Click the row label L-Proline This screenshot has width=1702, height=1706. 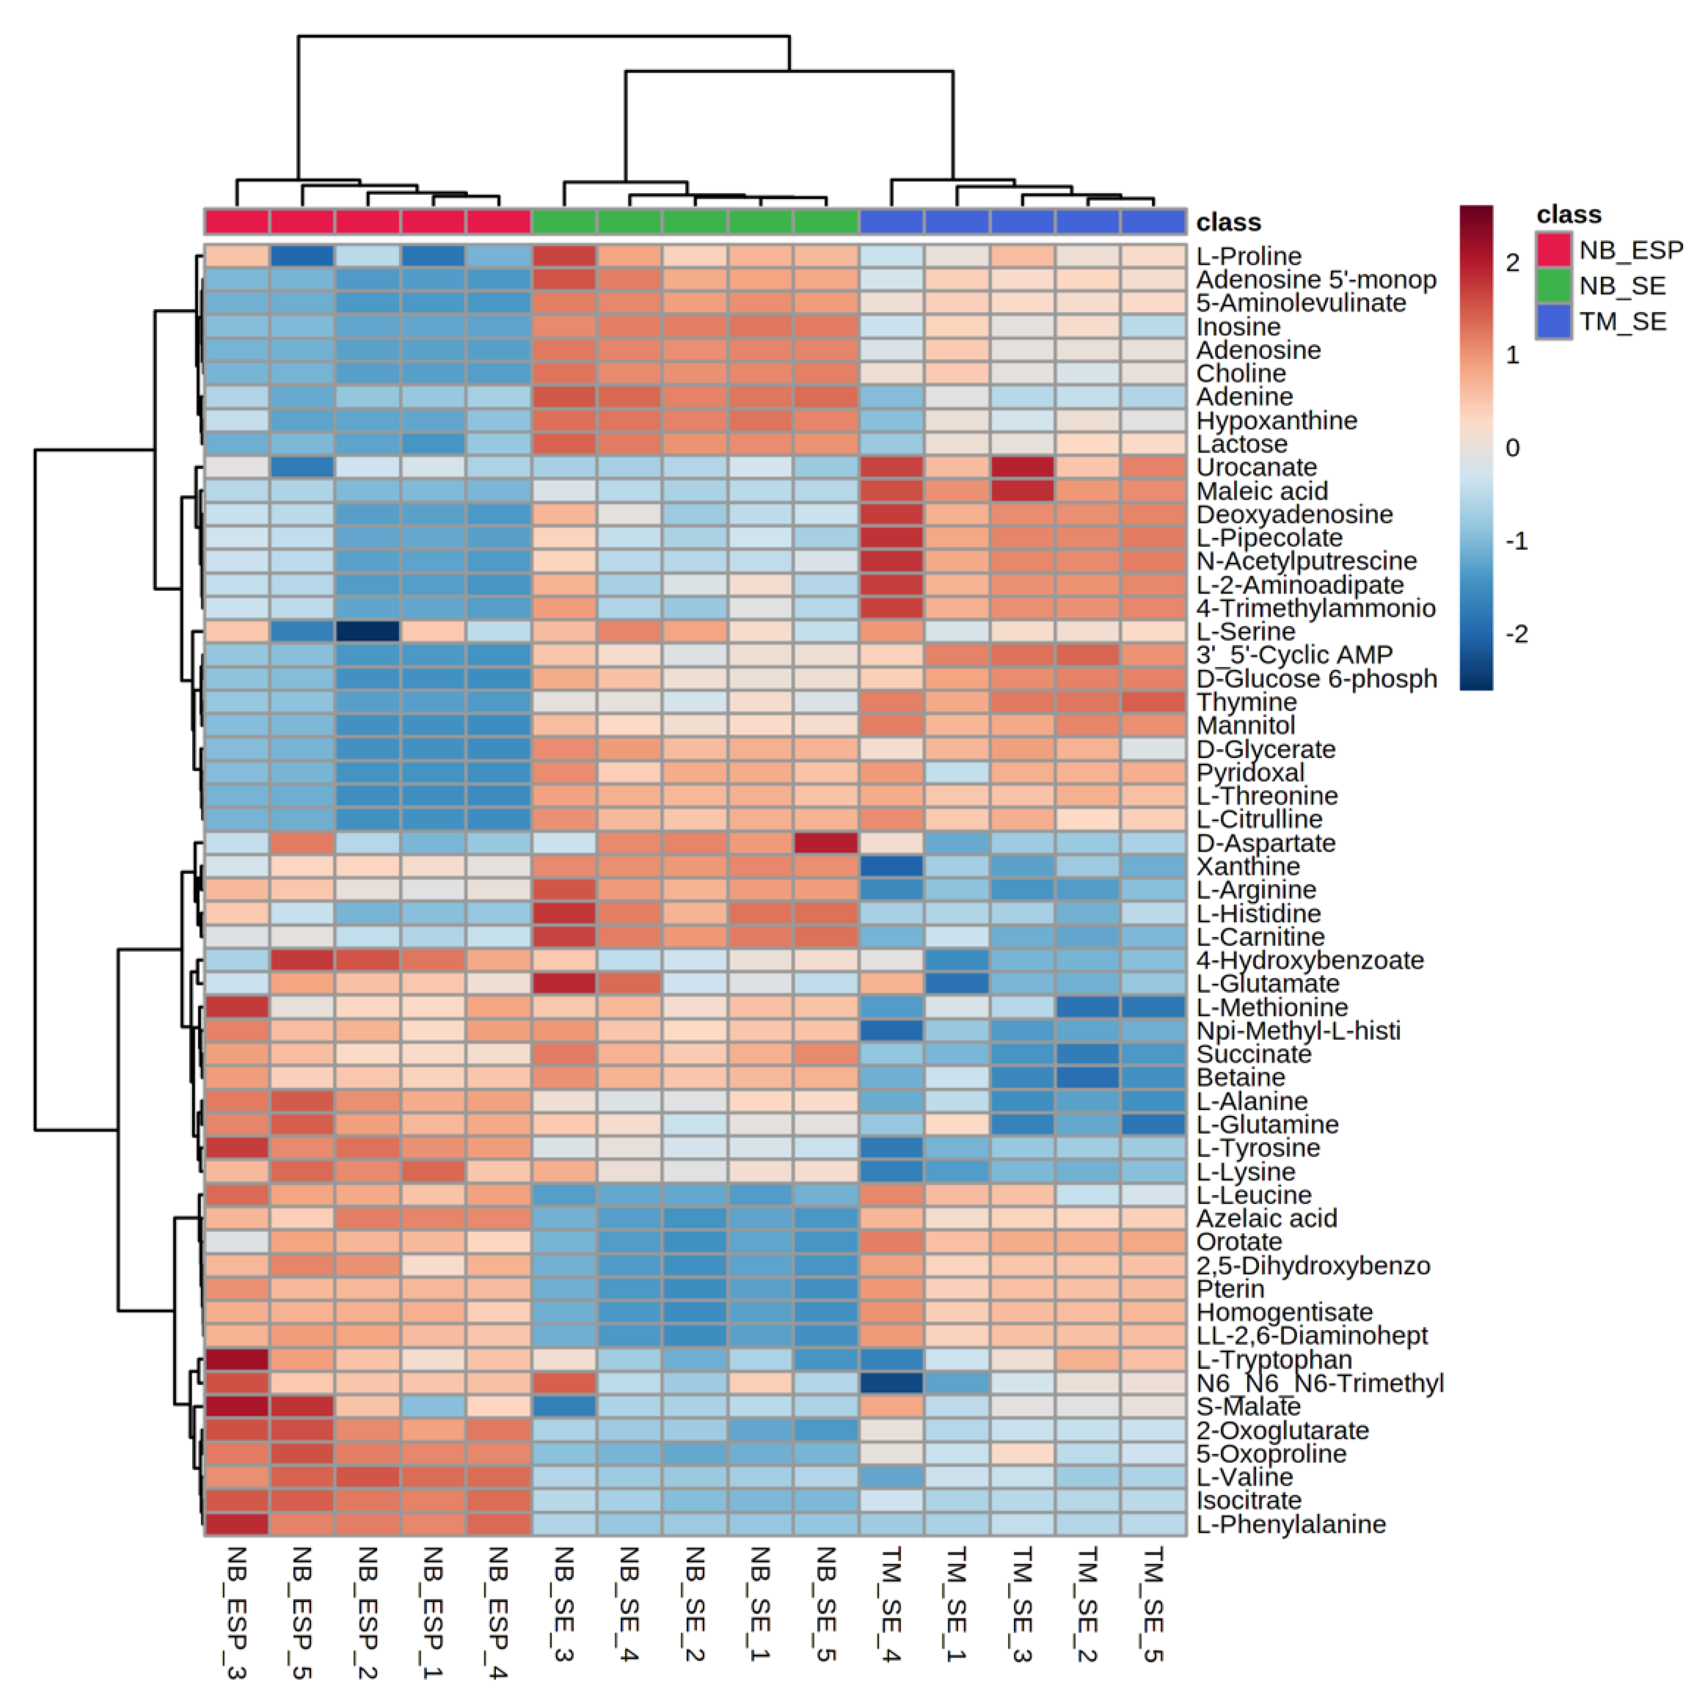point(1248,256)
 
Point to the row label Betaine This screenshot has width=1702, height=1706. point(1240,1078)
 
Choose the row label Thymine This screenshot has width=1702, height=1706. point(1246,702)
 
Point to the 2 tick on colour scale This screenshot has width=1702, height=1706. point(1512,262)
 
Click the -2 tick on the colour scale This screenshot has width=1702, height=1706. point(1516,634)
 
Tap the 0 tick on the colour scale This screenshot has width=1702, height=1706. point(1512,448)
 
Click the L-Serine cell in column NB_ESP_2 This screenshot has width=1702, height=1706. point(367,631)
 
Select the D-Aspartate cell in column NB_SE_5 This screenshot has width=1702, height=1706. point(826,842)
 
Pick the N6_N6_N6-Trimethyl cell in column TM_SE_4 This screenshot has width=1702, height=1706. point(891,1383)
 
